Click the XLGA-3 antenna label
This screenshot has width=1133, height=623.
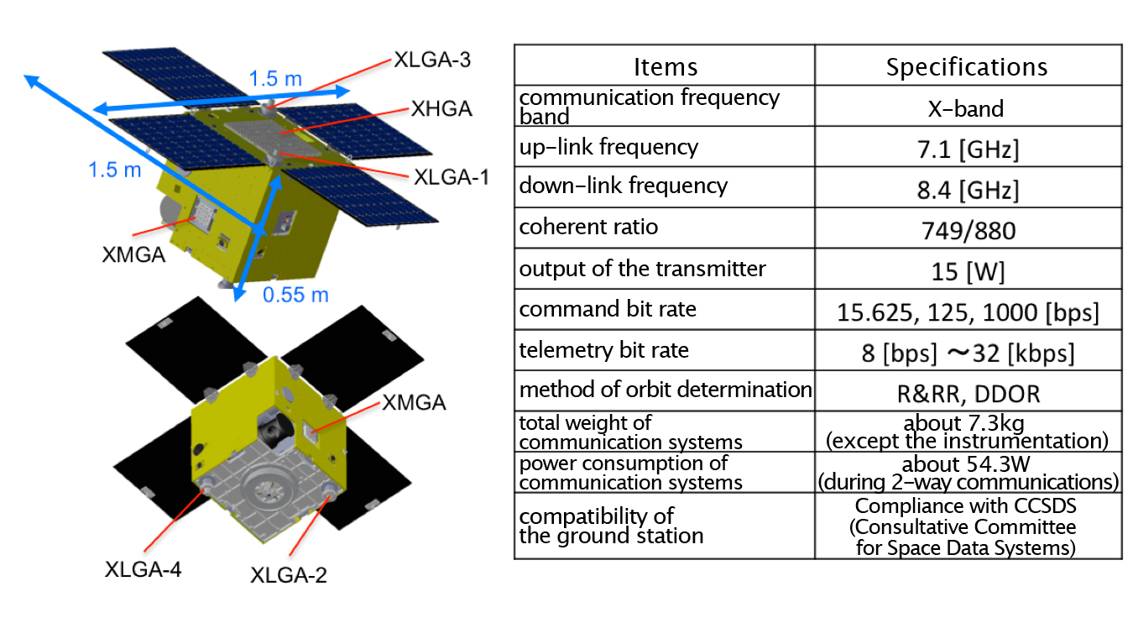pos(432,60)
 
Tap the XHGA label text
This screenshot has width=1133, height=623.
pos(441,109)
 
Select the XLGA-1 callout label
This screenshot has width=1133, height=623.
pos(452,177)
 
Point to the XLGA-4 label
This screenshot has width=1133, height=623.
pos(144,570)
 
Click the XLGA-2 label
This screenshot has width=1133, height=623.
pos(289,575)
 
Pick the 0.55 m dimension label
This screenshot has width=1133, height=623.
pos(296,295)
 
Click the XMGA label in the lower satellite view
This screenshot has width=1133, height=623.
pos(415,403)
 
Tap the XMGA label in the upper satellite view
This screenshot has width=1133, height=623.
pos(134,254)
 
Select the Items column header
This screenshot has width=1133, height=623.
pos(666,67)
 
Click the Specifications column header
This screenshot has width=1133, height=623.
pos(967,67)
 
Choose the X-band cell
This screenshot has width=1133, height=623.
pos(966,109)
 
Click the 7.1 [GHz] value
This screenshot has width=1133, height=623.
pos(968,149)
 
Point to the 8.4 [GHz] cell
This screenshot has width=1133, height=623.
pos(968,191)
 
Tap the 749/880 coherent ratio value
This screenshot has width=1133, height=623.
pos(969,231)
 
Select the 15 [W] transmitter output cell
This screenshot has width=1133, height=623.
pos(969,272)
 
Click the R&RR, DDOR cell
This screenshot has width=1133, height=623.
pos(969,395)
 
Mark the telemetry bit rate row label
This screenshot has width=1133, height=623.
pos(604,350)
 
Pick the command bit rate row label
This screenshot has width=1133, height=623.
pos(608,309)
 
